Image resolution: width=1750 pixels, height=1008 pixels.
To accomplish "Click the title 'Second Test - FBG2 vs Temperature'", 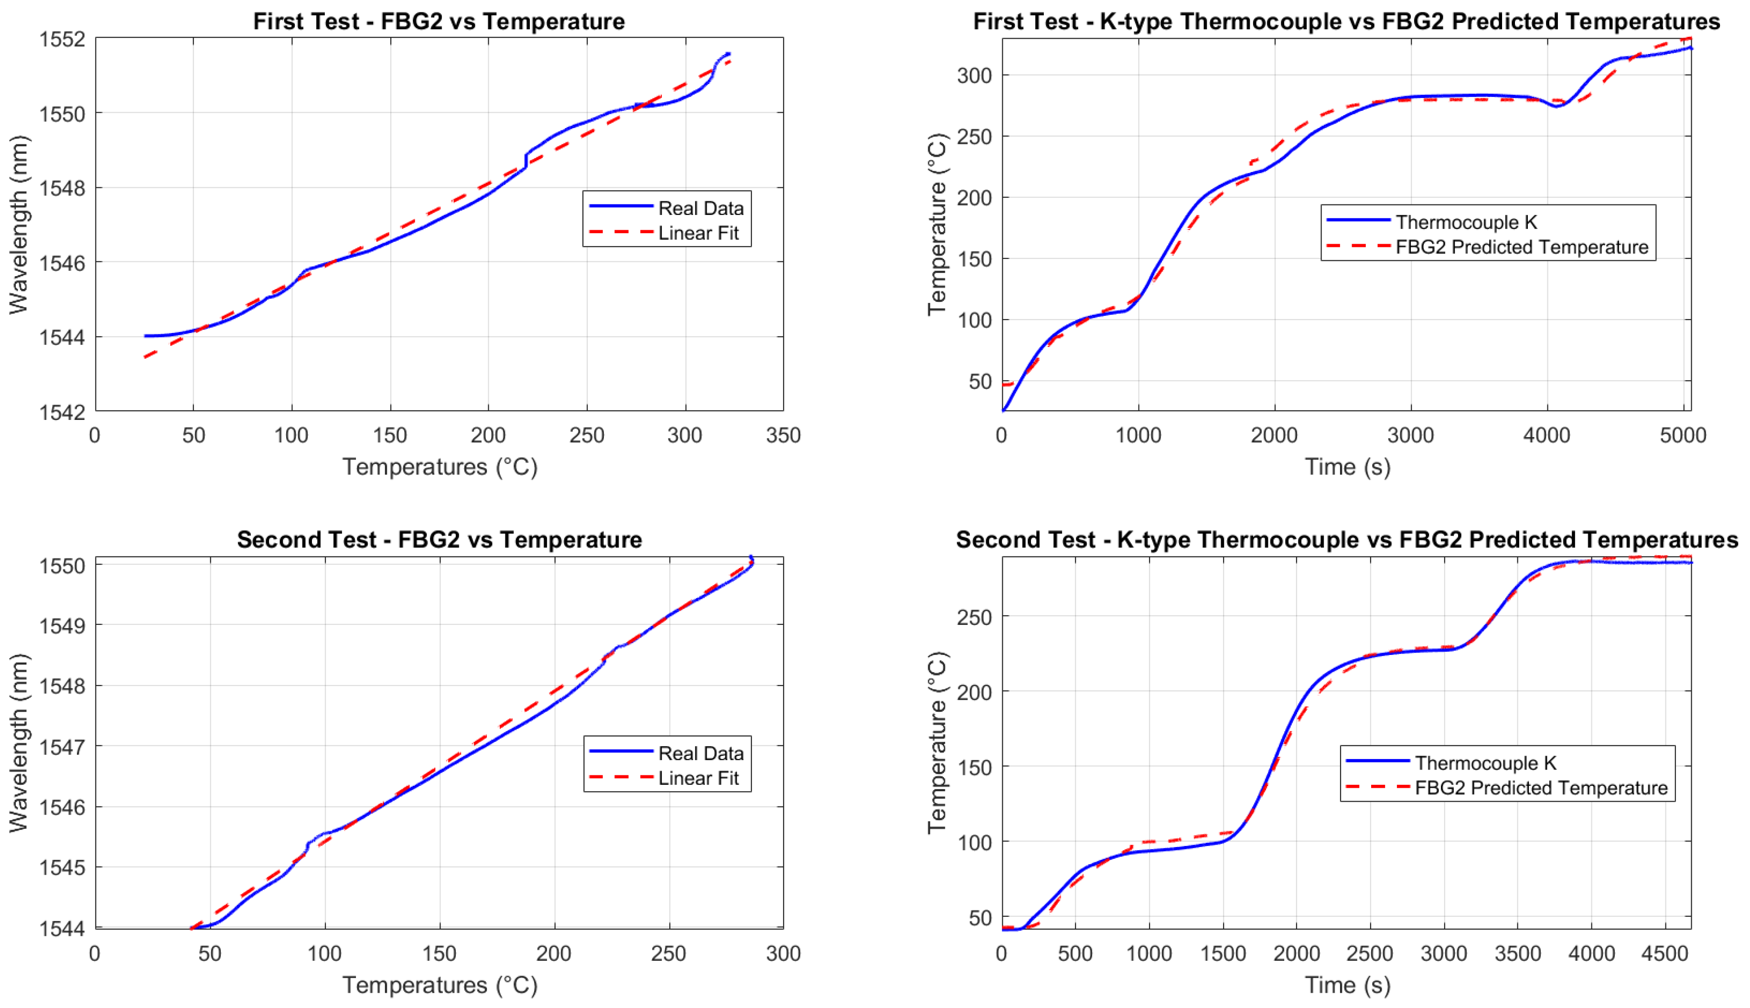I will (439, 539).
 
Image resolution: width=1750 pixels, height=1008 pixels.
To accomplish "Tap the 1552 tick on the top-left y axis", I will (62, 39).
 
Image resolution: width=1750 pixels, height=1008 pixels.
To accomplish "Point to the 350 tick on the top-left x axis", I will (783, 436).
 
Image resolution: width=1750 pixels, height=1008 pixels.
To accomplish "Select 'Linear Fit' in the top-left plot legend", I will (698, 233).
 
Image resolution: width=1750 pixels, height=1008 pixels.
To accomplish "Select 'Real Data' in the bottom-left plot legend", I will (700, 753).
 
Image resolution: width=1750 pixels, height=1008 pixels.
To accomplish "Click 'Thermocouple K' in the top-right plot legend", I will (1465, 222).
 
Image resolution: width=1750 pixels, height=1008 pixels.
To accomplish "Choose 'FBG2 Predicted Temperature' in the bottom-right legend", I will (1540, 788).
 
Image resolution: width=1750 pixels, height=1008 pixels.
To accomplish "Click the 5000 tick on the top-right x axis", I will (1683, 436).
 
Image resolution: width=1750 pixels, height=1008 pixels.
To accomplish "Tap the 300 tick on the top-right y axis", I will (974, 75).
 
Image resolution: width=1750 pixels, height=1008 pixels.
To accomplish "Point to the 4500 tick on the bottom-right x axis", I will (1665, 954).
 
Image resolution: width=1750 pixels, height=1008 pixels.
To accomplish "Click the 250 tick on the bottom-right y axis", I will (974, 617).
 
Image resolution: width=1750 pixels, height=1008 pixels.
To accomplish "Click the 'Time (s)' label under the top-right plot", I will (1347, 467).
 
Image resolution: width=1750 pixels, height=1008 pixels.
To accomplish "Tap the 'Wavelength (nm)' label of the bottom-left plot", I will (19, 742).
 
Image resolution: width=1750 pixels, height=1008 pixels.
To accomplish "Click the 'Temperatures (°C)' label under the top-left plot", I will (440, 467).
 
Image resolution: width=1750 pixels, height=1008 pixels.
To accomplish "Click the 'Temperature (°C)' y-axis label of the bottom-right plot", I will (936, 742).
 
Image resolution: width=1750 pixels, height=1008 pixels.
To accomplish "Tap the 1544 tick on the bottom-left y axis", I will (62, 928).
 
